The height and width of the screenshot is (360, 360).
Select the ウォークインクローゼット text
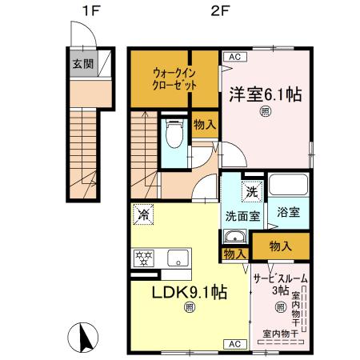tap(174, 78)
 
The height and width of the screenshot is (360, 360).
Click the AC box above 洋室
tap(234, 57)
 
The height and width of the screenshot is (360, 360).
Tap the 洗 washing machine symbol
tap(251, 192)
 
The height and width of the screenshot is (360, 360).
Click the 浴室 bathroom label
tap(288, 213)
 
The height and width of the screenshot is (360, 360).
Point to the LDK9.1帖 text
tap(190, 292)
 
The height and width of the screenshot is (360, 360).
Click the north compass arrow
tap(82, 336)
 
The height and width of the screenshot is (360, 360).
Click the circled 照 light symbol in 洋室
tap(265, 113)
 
